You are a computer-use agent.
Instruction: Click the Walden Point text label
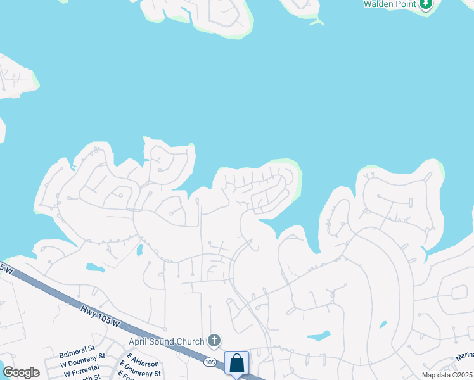tap(390, 4)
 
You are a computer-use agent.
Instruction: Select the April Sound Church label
tap(167, 341)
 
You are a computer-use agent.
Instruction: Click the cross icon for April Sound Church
tap(215, 341)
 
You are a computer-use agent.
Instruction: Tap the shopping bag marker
tap(236, 363)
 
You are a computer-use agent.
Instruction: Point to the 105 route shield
tap(210, 363)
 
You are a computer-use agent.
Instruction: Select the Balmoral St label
tap(77, 349)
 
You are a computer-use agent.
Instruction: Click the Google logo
tap(21, 372)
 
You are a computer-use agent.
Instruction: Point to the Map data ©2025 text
tap(446, 375)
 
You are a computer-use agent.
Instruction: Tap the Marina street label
tap(464, 357)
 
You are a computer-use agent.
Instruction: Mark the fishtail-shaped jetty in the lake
tap(316, 22)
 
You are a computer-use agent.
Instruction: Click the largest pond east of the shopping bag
tap(319, 336)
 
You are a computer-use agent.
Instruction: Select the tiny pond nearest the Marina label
tap(383, 325)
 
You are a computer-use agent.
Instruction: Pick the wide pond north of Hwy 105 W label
tap(95, 267)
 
